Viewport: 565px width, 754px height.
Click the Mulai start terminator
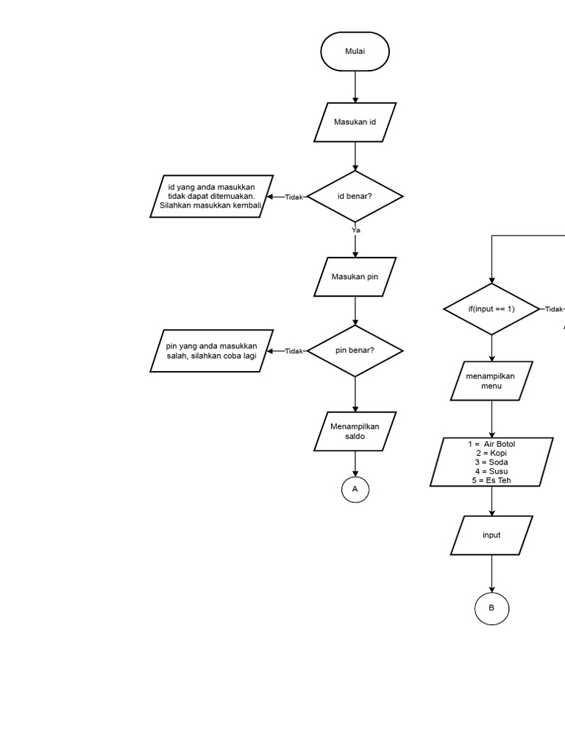click(355, 52)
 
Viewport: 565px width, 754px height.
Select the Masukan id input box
click(355, 122)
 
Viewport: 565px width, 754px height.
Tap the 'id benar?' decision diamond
click(355, 197)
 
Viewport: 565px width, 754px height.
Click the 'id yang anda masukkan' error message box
click(212, 196)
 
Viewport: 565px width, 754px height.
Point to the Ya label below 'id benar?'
click(355, 230)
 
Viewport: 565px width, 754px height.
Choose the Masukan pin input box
click(355, 277)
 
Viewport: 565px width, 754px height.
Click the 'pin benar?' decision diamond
click(355, 350)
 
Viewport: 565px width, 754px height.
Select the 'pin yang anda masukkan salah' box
click(212, 350)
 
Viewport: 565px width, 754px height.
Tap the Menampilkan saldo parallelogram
click(355, 431)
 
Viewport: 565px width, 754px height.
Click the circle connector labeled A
click(355, 489)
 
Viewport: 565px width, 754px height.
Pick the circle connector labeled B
click(491, 608)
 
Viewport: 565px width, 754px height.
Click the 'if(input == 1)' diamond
click(491, 309)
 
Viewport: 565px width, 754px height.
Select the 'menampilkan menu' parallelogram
click(491, 381)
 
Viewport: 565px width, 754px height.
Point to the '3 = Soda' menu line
click(491, 462)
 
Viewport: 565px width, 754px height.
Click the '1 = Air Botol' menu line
click(491, 444)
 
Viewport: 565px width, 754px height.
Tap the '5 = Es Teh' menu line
click(491, 480)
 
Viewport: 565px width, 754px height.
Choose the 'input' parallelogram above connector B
click(491, 535)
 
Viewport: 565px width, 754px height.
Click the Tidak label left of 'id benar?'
click(294, 197)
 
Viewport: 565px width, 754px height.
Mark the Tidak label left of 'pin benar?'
click(294, 351)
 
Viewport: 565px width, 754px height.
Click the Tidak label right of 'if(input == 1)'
click(553, 309)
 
